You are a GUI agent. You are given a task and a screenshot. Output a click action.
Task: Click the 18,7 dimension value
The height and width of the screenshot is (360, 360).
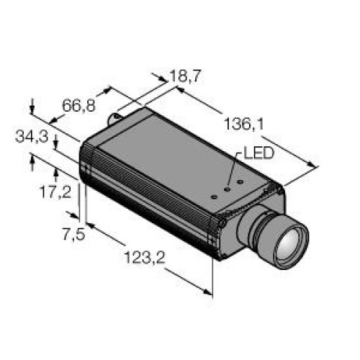tap(185, 76)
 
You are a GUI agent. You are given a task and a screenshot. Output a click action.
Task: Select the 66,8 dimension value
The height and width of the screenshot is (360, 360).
tap(78, 106)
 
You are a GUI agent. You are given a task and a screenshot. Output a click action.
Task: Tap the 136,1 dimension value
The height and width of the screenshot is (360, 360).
tap(244, 125)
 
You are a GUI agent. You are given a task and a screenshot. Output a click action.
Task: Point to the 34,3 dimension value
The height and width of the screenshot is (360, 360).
tap(32, 137)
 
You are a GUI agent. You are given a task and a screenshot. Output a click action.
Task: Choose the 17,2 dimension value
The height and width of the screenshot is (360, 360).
tap(56, 192)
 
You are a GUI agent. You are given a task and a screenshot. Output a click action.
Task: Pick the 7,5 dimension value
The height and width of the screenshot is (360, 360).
tap(74, 234)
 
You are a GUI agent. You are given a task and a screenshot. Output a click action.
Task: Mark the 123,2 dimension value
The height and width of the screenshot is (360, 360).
tap(145, 258)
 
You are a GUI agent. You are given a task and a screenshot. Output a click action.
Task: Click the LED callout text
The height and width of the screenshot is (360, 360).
tap(258, 153)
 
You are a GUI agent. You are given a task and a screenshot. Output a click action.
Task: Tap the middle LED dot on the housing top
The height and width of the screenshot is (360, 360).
tap(227, 189)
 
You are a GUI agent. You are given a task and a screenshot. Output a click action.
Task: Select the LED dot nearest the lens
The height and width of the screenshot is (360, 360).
tap(240, 182)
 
